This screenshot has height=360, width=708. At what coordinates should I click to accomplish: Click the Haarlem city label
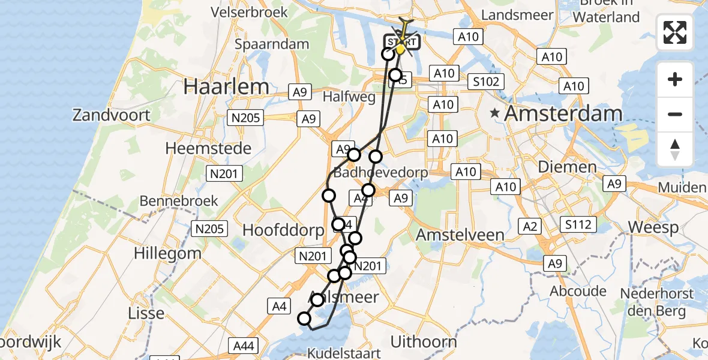point(226,86)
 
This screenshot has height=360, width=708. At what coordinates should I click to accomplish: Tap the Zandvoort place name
point(111,115)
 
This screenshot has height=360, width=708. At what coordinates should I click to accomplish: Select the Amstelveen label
point(460,234)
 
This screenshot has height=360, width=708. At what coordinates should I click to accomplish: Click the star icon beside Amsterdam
point(494,113)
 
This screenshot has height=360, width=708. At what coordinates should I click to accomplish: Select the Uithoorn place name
point(424,342)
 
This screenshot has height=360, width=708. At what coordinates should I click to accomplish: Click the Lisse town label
point(146,313)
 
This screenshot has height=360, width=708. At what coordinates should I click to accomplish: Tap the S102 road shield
point(486,81)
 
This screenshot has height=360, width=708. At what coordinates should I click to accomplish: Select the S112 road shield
point(578,225)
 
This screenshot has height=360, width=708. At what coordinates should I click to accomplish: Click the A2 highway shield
point(530,226)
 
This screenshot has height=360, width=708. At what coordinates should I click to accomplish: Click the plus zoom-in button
point(675,79)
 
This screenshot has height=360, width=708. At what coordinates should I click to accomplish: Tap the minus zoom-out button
point(675,114)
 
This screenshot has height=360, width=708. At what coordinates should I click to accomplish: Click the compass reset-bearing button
point(675,149)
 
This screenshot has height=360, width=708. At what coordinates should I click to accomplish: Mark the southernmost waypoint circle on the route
point(305,319)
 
